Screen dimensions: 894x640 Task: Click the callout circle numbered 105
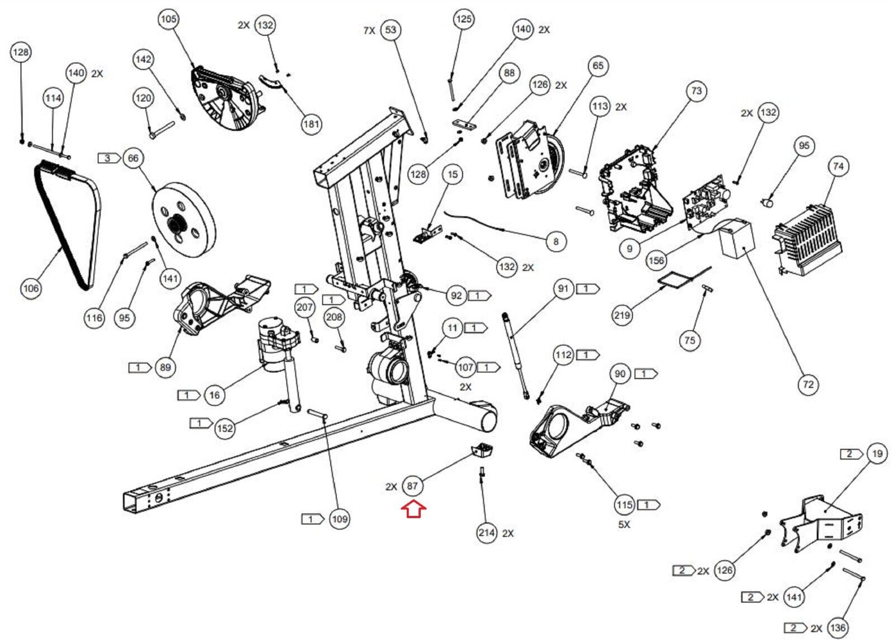click(x=168, y=19)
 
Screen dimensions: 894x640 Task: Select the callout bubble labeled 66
click(x=133, y=158)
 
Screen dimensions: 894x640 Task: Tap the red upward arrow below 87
click(x=413, y=509)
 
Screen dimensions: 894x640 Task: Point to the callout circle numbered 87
click(x=412, y=486)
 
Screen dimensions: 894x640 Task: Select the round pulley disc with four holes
click(x=184, y=226)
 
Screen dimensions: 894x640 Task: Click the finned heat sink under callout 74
click(x=807, y=240)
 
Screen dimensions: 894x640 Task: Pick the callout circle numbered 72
click(x=808, y=385)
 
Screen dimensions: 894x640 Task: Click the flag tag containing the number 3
click(x=108, y=158)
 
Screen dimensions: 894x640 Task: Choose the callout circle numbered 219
click(x=622, y=315)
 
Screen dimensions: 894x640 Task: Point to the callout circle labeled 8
click(x=556, y=241)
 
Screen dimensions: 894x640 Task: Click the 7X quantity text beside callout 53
click(x=369, y=30)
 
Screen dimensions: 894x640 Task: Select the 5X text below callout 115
click(x=624, y=525)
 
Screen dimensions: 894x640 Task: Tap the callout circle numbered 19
click(x=877, y=453)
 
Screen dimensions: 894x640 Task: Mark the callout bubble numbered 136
click(x=838, y=628)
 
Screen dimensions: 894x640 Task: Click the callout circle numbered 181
click(x=311, y=124)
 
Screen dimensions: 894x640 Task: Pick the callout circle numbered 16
click(x=215, y=395)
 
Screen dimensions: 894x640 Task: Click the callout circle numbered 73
click(x=696, y=91)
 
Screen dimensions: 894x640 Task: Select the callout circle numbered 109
click(x=340, y=519)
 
